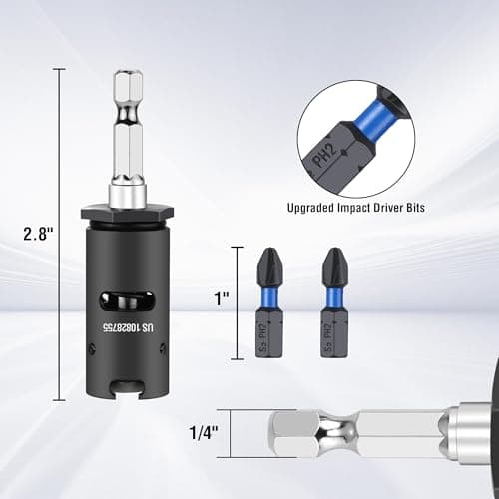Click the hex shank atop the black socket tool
click(127, 120)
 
